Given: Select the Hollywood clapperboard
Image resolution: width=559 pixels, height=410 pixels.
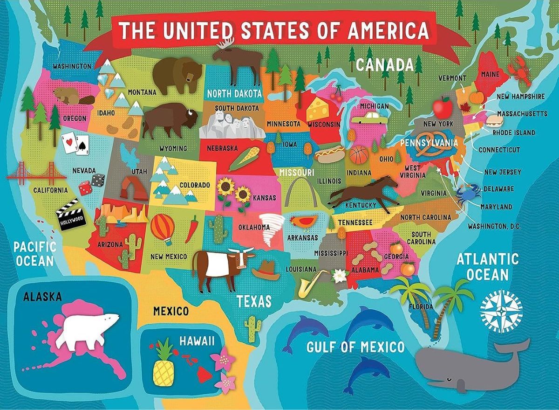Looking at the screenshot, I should [x=71, y=215].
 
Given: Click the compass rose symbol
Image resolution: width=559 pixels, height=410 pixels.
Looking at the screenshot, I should [x=501, y=311].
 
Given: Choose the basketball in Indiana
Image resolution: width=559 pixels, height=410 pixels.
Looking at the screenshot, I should [x=359, y=155].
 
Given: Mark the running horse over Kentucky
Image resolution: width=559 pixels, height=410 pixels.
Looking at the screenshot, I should [x=366, y=191].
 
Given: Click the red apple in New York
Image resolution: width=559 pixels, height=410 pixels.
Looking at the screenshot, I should [x=442, y=107].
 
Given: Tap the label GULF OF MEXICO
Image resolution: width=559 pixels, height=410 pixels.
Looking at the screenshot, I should [x=355, y=347].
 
